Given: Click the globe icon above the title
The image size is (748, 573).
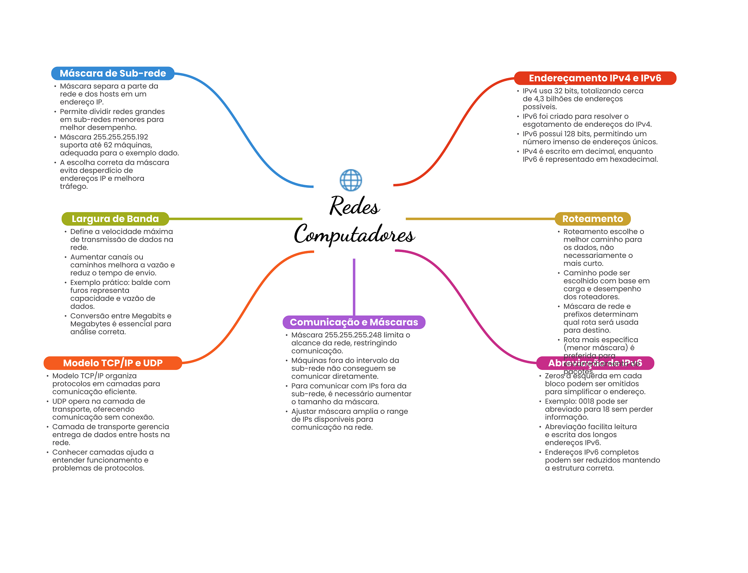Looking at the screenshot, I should click(351, 180).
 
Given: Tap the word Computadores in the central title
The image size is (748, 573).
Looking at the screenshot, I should click(354, 234).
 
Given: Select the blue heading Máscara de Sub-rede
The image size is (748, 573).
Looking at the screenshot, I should click(112, 73).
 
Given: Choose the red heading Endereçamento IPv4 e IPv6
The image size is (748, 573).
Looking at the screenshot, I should click(595, 78).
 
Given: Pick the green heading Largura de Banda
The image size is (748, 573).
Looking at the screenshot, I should click(115, 219).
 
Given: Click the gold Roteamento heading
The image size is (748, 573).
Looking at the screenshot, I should click(592, 219).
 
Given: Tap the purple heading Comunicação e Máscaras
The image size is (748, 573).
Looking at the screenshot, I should click(354, 322).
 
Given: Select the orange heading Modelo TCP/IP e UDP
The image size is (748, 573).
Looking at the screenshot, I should click(112, 363).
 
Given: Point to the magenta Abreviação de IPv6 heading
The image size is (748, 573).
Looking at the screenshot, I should click(595, 363).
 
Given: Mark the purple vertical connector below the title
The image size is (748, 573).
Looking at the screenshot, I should click(354, 287).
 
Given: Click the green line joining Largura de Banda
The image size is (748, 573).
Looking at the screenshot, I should click(236, 219).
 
